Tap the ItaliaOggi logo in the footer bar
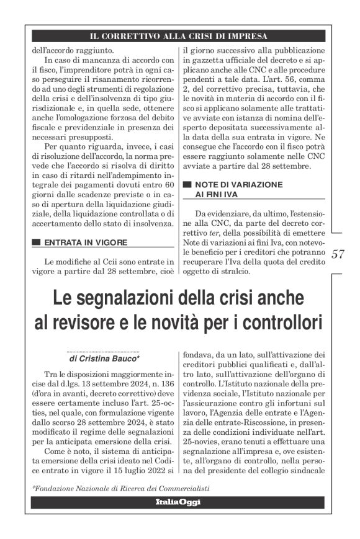point(179,501)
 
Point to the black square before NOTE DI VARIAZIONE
point(187,185)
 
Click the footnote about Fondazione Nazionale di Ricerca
point(121,488)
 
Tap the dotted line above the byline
point(104,351)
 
